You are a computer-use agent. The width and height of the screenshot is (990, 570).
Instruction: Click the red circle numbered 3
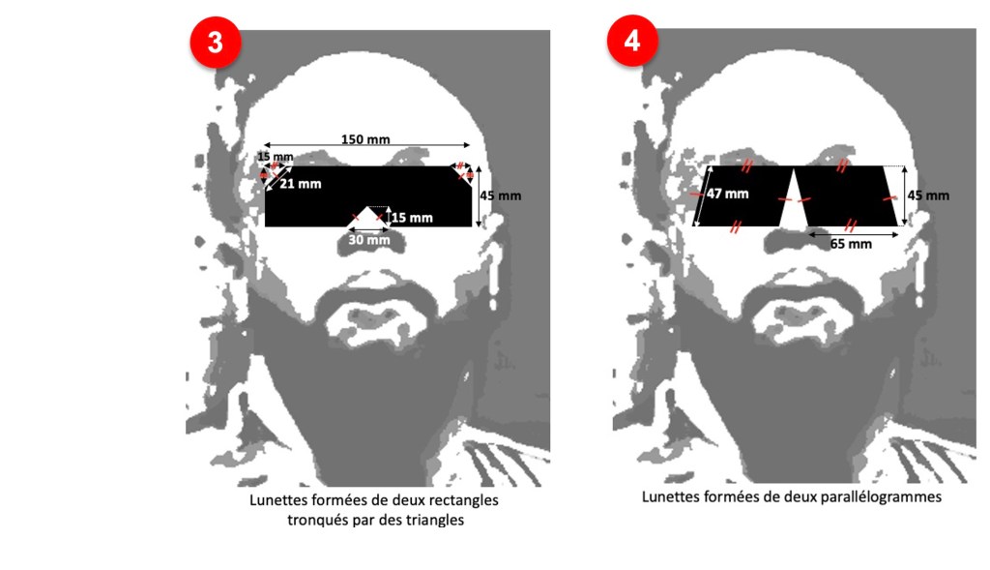(x=216, y=43)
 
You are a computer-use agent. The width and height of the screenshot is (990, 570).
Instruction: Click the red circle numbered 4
(x=632, y=41)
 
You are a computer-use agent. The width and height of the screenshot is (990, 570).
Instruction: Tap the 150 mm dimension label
(x=365, y=139)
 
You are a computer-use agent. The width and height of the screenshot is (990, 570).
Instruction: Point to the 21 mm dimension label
(x=301, y=184)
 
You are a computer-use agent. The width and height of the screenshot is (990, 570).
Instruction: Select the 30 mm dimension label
(x=369, y=240)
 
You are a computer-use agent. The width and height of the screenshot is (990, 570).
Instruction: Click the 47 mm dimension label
(x=727, y=194)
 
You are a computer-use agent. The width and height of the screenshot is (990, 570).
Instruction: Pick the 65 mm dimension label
(x=851, y=244)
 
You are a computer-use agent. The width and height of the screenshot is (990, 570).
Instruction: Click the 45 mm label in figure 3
(x=501, y=195)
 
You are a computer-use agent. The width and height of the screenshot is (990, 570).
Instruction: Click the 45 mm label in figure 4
(x=928, y=195)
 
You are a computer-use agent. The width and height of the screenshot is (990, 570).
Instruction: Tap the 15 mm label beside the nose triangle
(x=412, y=218)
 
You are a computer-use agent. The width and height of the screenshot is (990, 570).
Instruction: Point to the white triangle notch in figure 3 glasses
(x=367, y=218)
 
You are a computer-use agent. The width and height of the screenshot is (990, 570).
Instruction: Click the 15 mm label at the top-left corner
(x=276, y=156)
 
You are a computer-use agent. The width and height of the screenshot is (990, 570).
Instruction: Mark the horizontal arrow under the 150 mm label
(x=366, y=146)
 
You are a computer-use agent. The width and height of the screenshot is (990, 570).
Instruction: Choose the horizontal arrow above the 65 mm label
(x=853, y=235)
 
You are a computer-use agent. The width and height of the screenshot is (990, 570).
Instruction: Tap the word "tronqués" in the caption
(x=312, y=521)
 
